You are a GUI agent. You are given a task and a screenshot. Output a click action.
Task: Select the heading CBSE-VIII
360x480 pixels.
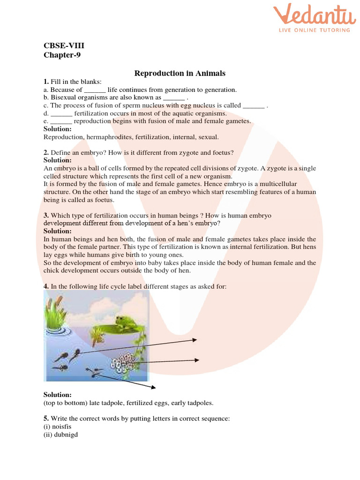pyautogui.click(x=64, y=45)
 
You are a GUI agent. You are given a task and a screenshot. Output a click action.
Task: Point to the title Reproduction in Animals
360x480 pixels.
pyautogui.click(x=180, y=73)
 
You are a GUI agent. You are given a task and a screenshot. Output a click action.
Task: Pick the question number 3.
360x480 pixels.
pyautogui.click(x=46, y=215)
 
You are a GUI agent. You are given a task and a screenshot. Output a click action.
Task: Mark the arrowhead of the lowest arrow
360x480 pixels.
pyautogui.click(x=153, y=387)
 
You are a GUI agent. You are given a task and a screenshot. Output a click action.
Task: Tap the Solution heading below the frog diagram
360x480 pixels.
pyautogui.click(x=58, y=395)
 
